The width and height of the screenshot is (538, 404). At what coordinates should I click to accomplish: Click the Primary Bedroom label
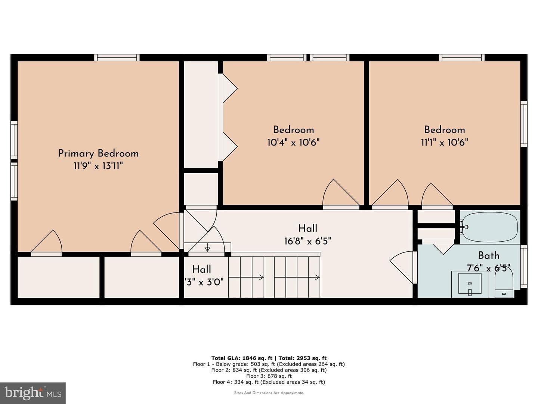(x=98, y=154)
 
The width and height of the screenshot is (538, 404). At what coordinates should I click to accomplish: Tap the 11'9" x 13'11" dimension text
(x=98, y=166)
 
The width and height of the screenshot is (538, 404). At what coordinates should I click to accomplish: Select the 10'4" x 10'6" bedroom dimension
(x=293, y=142)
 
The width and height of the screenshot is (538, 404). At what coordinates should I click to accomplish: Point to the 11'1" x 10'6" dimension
(x=444, y=142)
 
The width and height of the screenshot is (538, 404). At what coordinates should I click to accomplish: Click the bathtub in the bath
(x=490, y=227)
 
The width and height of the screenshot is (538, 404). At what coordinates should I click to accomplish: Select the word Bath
(x=488, y=255)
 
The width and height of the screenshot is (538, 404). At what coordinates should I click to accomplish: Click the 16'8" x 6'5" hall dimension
(x=307, y=241)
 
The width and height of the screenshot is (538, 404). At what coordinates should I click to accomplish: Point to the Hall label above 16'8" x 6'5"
(x=307, y=228)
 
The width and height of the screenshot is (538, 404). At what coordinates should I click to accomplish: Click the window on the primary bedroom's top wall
(x=117, y=57)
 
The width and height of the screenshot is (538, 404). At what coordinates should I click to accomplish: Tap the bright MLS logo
(x=33, y=393)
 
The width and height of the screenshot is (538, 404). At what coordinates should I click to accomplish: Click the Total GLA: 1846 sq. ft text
(x=241, y=358)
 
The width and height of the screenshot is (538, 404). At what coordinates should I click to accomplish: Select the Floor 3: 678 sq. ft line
(x=269, y=376)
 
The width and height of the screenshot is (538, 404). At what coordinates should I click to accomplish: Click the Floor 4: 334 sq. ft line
(x=269, y=382)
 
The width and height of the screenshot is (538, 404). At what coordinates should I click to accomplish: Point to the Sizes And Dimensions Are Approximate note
(x=269, y=393)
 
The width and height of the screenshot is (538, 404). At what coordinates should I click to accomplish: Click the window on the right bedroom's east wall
(x=524, y=124)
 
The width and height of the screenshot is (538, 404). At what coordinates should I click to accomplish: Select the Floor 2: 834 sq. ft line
(x=269, y=370)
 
